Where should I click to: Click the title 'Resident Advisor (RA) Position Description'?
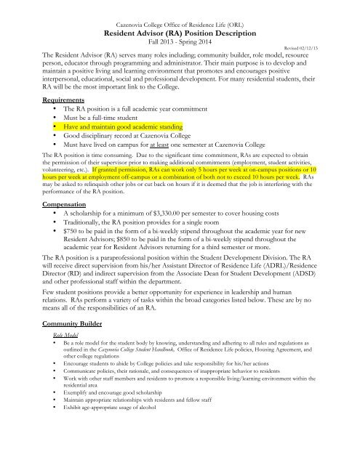pyautogui.click(x=179, y=33)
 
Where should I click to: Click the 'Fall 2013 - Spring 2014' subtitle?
pyautogui.click(x=179, y=44)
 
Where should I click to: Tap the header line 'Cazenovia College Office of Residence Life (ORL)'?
pyautogui.click(x=179, y=23)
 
